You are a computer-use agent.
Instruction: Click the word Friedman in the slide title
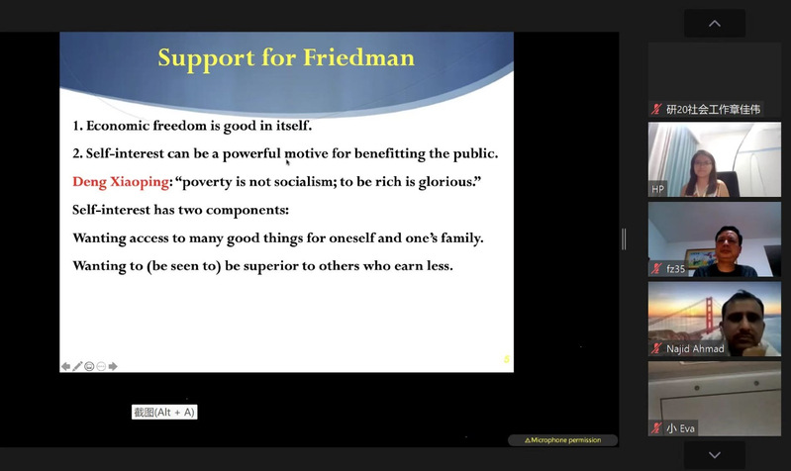click(358, 57)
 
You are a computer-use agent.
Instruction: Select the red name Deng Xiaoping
click(121, 181)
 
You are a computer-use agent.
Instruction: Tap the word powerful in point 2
click(251, 153)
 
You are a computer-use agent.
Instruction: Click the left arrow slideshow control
click(65, 366)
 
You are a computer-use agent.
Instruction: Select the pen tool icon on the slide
click(77, 366)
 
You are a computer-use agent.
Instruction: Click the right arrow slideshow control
click(113, 366)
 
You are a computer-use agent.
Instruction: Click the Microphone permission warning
click(563, 440)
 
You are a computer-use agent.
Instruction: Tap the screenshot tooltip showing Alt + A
click(164, 412)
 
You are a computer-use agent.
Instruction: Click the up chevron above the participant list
click(715, 23)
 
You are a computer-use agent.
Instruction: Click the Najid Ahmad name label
click(695, 348)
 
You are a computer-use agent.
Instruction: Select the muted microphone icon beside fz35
click(656, 269)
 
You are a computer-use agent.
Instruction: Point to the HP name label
click(657, 189)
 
